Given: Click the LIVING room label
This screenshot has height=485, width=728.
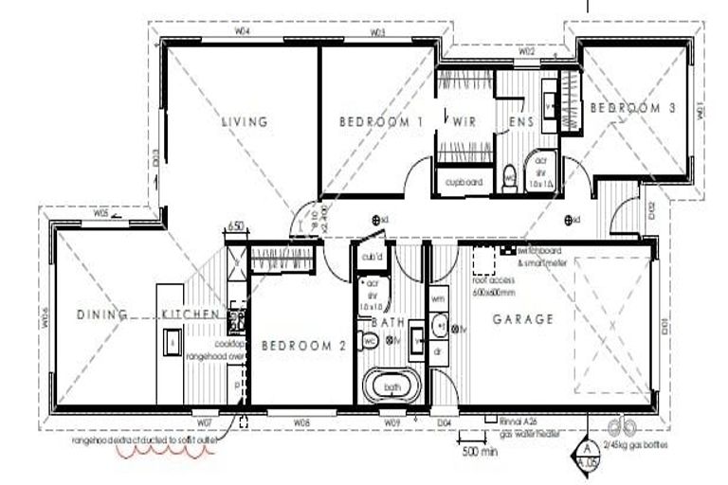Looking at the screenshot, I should [245, 121].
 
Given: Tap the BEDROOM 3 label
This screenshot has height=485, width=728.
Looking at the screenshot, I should [632, 109].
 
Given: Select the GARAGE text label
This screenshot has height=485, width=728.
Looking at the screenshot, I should [522, 319].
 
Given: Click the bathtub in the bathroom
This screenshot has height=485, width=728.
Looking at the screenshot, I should [390, 386].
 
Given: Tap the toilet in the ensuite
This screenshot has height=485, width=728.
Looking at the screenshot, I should [510, 175].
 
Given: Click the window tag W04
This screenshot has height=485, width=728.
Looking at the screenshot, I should [243, 31].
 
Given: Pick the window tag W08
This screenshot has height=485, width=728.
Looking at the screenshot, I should [301, 420].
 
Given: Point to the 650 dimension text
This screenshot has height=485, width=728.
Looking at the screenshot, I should [236, 227].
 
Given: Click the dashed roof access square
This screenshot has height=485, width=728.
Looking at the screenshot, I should [486, 259].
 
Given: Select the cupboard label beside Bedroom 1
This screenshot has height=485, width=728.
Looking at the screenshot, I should [460, 182].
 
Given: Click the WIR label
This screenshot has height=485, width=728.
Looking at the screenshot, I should [464, 121].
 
